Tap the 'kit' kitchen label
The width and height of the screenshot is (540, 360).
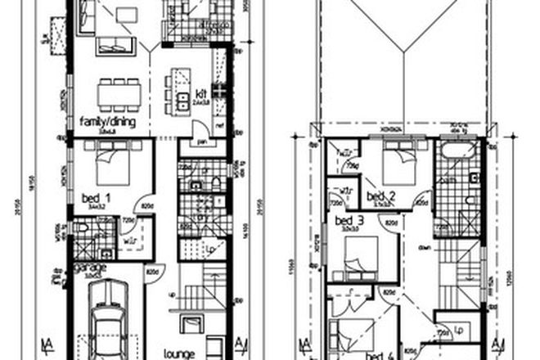pyautogui.click(x=199, y=95)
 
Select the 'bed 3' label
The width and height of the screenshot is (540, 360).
pyautogui.click(x=349, y=221)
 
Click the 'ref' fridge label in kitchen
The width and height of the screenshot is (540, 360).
pyautogui.click(x=220, y=125)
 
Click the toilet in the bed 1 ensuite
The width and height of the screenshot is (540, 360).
pyautogui.click(x=214, y=182)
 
